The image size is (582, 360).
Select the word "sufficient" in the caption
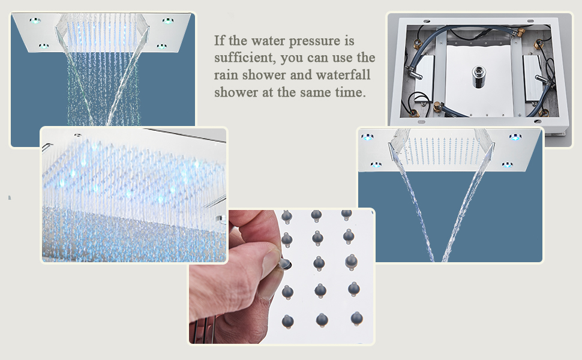(243, 59)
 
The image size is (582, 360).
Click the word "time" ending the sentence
(349, 92)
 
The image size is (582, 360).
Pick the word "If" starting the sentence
(220, 41)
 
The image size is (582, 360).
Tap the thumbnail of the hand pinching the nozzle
(281, 276)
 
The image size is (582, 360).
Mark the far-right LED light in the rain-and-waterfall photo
(169, 21)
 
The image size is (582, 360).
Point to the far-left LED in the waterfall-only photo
(367, 137)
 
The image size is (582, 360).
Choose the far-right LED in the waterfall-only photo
(515, 137)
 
